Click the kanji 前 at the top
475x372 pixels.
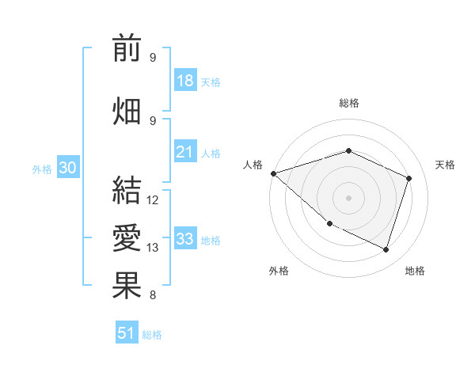[x=127, y=48]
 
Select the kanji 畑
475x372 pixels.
[x=127, y=112]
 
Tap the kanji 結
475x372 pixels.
[x=127, y=191]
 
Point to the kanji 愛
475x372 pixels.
[x=127, y=238]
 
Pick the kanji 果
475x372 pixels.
[x=127, y=286]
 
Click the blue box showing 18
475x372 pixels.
[x=185, y=81]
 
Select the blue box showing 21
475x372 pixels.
[x=185, y=152]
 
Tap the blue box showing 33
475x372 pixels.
[x=185, y=239]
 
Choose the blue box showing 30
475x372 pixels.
[x=67, y=168]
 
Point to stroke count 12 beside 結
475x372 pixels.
[x=153, y=200]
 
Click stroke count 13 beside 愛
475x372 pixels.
[x=153, y=248]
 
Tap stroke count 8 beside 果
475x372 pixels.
[x=153, y=295]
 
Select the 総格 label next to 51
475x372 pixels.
[x=152, y=335]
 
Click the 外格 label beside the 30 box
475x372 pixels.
[x=42, y=169]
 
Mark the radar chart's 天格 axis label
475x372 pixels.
[x=445, y=165]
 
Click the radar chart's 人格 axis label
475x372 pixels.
[x=253, y=165]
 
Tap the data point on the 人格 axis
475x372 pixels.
[x=273, y=173]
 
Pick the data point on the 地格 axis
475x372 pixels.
[x=386, y=250]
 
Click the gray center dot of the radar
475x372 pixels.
[x=348, y=197]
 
